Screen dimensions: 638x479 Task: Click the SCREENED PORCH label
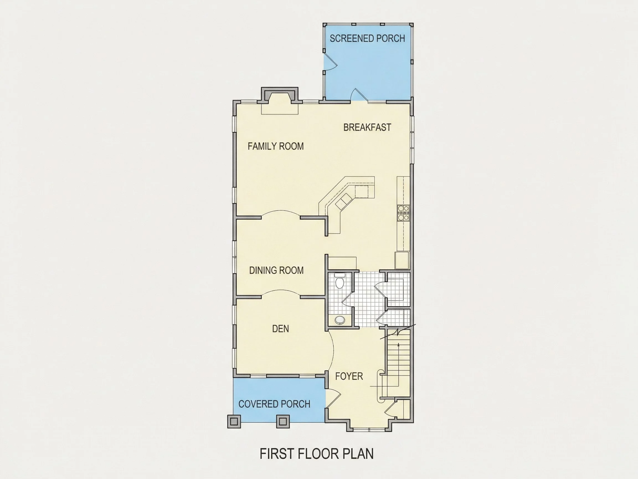[367, 39]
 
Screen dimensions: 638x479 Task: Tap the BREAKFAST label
[367, 127]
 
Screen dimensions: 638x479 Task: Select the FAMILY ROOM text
[276, 146]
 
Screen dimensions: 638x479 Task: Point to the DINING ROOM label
[276, 270]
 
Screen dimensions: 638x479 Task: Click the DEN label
[280, 328]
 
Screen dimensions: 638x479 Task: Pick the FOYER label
[349, 376]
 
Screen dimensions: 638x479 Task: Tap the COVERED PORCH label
[274, 404]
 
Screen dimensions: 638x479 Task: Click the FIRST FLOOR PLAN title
[317, 453]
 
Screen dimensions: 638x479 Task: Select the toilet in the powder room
[340, 281]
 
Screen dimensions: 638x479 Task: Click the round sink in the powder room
[340, 320]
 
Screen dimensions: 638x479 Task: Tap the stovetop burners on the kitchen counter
[403, 213]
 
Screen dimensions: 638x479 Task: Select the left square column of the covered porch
[234, 422]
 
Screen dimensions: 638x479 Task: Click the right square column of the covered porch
[283, 422]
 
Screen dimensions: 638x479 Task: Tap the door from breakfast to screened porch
[359, 95]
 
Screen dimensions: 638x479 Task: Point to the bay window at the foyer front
[369, 429]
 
